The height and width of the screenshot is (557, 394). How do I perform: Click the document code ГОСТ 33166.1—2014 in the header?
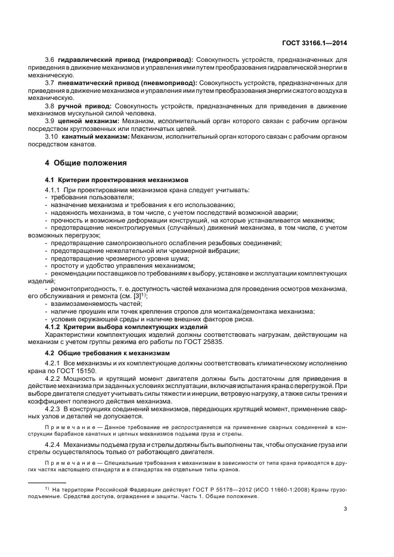pyautogui.click(x=314, y=42)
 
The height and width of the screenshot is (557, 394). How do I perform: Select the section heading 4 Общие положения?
pyautogui.click(x=86, y=162)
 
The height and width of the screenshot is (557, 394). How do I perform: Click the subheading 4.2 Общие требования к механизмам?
pyautogui.click(x=107, y=353)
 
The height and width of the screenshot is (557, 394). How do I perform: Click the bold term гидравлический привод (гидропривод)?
pyautogui.click(x=125, y=61)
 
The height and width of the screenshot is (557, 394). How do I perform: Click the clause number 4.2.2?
pyautogui.click(x=54, y=378)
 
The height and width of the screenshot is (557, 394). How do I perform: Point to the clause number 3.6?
pyautogui.click(x=50, y=61)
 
